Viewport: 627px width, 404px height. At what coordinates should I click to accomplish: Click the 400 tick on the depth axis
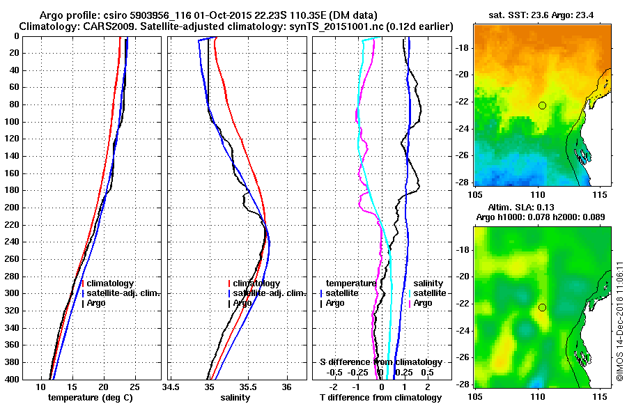coord(13,379)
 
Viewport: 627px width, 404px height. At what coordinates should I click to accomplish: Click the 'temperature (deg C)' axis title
coord(90,398)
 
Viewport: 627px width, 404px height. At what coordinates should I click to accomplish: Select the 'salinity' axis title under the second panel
coord(235,398)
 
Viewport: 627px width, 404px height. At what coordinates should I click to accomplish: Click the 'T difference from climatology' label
coord(380,398)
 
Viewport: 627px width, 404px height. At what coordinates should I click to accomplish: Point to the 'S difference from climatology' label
coord(380,362)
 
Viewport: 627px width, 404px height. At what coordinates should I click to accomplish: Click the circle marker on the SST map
coord(542,105)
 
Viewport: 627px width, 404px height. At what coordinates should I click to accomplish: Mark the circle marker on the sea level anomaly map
coord(542,307)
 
